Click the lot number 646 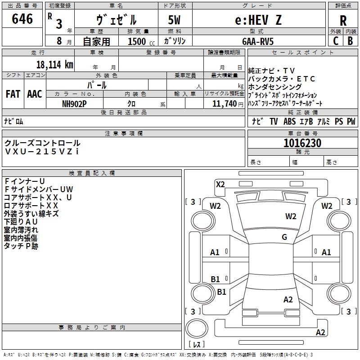pyautogui.click(x=22, y=18)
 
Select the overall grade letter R pyautogui.click(x=343, y=20)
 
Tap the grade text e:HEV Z pyautogui.click(x=258, y=20)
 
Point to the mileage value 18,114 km pyautogui.click(x=54, y=64)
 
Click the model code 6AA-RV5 pyautogui.click(x=258, y=41)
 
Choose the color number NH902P pyautogui.click(x=74, y=104)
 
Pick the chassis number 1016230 pyautogui.click(x=302, y=143)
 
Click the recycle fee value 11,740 pyautogui.click(x=224, y=104)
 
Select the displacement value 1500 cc pyautogui.click(x=141, y=41)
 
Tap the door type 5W pyautogui.click(x=174, y=20)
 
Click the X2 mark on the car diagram pyautogui.click(x=220, y=184)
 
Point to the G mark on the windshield pyautogui.click(x=284, y=237)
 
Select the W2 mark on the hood pyautogui.click(x=291, y=216)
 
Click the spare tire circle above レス pyautogui.click(x=197, y=328)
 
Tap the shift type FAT pyautogui.click(x=13, y=94)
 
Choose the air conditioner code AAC pyautogui.click(x=35, y=94)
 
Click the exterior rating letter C pyautogui.click(x=336, y=41)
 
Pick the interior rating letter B pyautogui.click(x=350, y=41)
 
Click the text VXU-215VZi pyautogui.click(x=42, y=152)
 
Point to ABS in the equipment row pyautogui.click(x=289, y=121)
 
